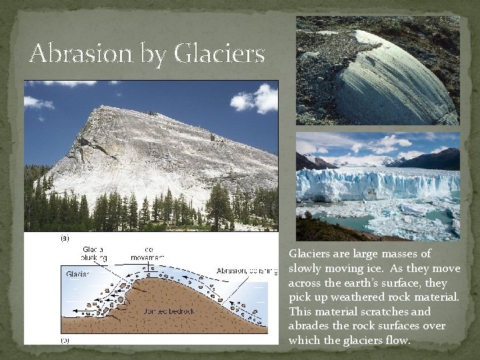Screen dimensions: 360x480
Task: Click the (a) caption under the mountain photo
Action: [65, 237]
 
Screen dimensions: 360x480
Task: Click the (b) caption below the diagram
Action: [65, 339]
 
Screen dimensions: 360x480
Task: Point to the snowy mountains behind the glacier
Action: [373, 160]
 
